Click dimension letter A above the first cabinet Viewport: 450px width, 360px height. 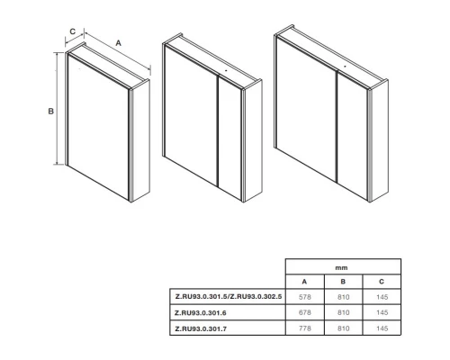tap(118, 43)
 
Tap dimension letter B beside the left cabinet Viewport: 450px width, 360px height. tap(51, 111)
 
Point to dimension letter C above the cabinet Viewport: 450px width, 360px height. tap(73, 31)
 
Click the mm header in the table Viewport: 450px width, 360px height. tap(341, 267)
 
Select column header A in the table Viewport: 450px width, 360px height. tap(304, 282)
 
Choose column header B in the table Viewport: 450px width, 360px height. tap(343, 282)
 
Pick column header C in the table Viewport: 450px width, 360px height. tap(382, 282)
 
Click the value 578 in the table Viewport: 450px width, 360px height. tap(305, 297)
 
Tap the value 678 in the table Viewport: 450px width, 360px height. tap(305, 312)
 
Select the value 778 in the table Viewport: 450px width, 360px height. tap(305, 328)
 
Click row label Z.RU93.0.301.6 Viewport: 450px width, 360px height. tap(201, 313)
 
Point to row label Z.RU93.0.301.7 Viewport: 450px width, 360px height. tap(201, 328)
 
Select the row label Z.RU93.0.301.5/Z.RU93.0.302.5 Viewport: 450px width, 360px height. tap(229, 297)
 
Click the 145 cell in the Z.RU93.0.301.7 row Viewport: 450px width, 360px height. tap(382, 328)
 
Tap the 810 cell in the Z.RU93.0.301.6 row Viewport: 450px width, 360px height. tap(344, 312)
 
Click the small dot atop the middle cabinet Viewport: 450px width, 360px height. tap(226, 71)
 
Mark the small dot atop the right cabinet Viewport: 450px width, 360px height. tap(345, 66)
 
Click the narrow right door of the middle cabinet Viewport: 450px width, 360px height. tap(229, 138)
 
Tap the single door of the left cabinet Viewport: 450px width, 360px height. tap(98, 128)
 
